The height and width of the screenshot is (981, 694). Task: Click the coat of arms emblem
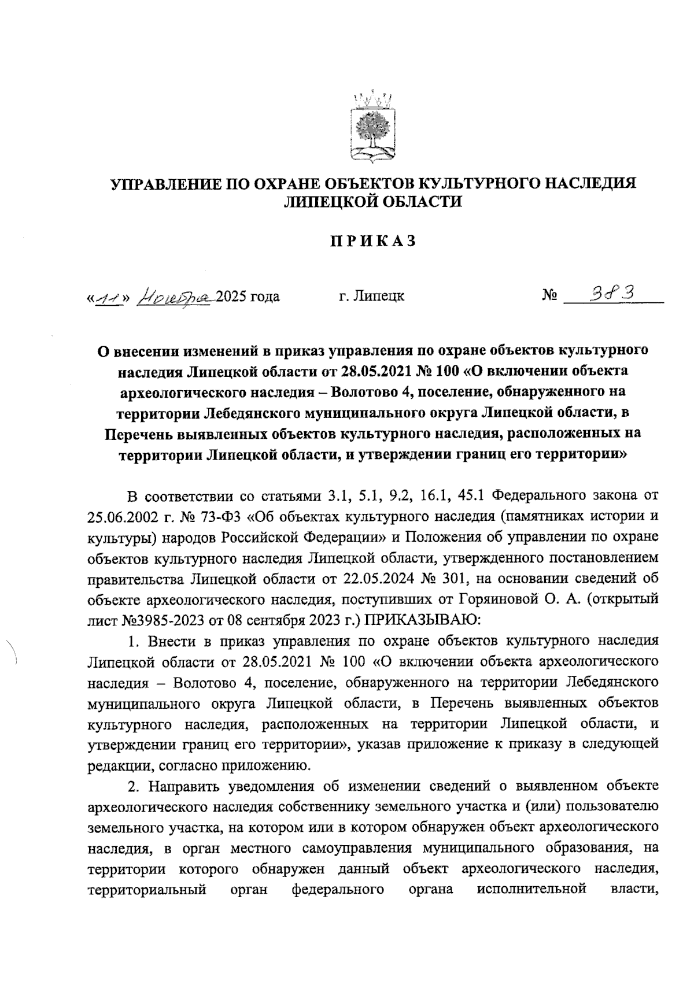[x=372, y=125]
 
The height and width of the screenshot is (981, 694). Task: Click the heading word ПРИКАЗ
[x=373, y=242]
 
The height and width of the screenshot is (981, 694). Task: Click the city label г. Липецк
[x=371, y=297]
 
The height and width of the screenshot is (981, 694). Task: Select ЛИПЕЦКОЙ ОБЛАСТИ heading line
[x=373, y=202]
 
